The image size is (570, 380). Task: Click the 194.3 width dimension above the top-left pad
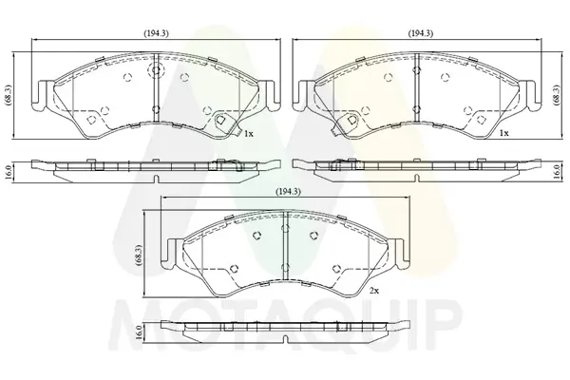tap(156, 33)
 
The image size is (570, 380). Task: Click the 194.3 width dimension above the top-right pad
tap(420, 33)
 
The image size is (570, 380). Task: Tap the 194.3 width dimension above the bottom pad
tap(288, 191)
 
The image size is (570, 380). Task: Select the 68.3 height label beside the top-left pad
tap(9, 95)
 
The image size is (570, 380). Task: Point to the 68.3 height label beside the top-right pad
tap(556, 95)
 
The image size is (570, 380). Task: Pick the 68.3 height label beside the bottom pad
tap(140, 256)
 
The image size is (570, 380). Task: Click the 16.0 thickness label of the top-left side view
tap(9, 172)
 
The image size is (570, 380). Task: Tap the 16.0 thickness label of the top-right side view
tap(556, 172)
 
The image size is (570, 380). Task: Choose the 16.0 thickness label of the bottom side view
tap(139, 332)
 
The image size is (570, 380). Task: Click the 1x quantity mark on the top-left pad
tap(249, 134)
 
